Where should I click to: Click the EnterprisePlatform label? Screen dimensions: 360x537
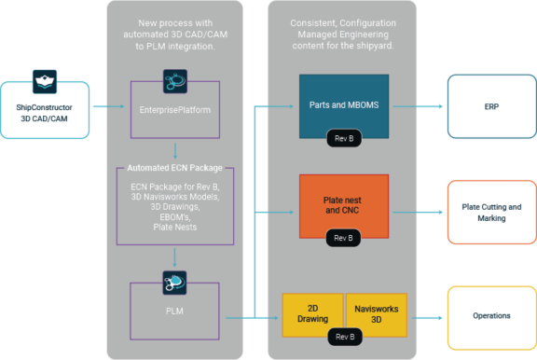pos(173,110)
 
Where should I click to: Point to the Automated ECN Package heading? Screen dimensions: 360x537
pos(173,170)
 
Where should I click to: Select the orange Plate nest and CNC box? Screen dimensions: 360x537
pos(343,204)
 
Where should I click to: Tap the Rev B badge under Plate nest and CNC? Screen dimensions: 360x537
pos(343,237)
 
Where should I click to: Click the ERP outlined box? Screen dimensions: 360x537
pos(489,107)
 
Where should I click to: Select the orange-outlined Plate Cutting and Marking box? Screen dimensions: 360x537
pos(489,212)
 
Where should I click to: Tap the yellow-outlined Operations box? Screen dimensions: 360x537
pos(489,316)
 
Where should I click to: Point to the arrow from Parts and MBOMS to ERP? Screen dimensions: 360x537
pos(423,107)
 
